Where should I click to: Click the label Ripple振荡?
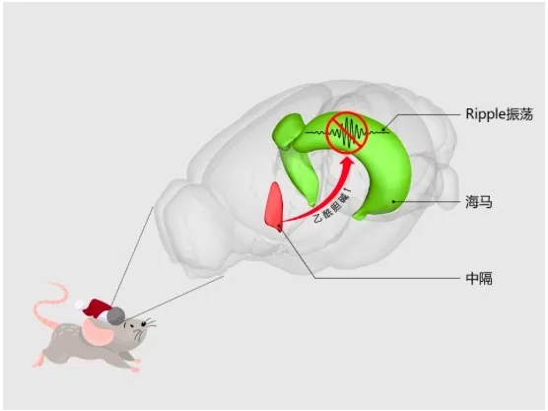(x=499, y=114)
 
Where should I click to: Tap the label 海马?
(x=479, y=202)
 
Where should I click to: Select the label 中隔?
(x=479, y=279)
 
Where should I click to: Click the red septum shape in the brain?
(x=274, y=206)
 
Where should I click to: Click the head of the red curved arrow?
(x=348, y=164)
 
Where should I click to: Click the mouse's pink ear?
(x=98, y=331)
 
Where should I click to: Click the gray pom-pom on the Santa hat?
(x=115, y=315)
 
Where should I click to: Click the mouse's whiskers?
(x=146, y=328)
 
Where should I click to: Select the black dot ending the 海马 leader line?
(x=394, y=201)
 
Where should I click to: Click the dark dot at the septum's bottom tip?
(x=279, y=229)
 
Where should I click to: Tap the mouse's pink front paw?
(x=135, y=369)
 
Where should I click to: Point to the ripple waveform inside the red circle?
(x=347, y=132)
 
